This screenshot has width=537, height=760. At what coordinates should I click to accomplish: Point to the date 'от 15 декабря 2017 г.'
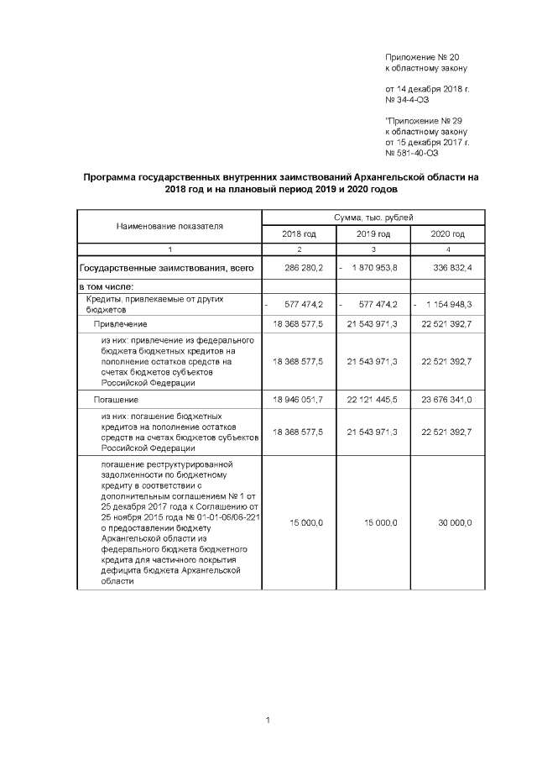click(426, 142)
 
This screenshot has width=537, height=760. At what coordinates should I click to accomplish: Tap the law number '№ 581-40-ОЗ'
click(411, 153)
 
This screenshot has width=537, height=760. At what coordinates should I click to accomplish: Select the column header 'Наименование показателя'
click(170, 226)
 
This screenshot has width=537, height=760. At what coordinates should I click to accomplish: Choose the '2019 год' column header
click(373, 234)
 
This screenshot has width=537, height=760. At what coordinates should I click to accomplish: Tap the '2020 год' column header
click(446, 234)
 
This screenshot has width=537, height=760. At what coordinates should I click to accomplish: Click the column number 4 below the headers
click(447, 249)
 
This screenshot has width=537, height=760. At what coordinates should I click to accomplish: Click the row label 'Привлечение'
click(121, 323)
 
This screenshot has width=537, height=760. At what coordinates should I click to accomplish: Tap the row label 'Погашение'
click(117, 400)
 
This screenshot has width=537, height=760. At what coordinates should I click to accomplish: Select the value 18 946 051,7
click(299, 400)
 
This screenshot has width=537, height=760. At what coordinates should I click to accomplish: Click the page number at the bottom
click(267, 720)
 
